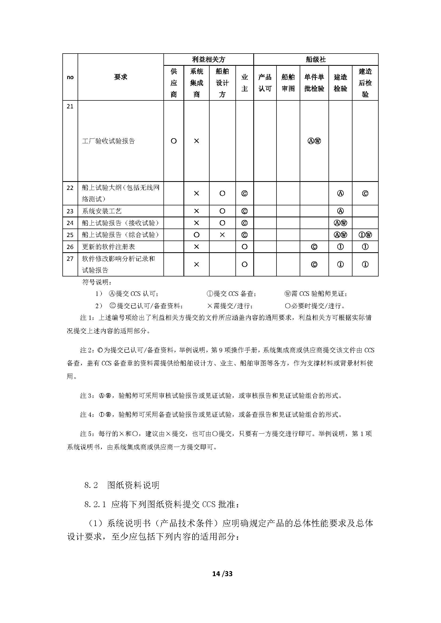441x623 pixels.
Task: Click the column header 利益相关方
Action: point(209,59)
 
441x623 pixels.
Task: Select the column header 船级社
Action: point(315,59)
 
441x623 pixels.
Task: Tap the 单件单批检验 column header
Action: point(314,83)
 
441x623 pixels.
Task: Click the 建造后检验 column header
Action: point(365,83)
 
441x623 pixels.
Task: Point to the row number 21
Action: point(70,106)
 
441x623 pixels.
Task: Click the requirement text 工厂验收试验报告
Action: point(108,141)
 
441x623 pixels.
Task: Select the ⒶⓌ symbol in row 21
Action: point(314,141)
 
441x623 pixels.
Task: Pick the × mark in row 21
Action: point(196,141)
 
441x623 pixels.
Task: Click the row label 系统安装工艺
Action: point(102,211)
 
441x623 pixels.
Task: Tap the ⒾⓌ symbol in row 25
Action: point(365,235)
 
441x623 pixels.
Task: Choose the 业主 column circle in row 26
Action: point(244,247)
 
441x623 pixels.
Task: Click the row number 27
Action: point(70,259)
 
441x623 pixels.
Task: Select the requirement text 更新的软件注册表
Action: point(108,247)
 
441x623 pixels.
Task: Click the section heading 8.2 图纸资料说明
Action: point(122,485)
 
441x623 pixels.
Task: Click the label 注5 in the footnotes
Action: point(86,434)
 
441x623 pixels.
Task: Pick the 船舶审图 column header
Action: point(288,83)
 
